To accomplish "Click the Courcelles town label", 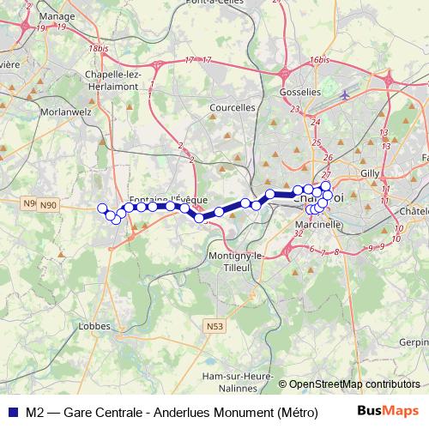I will pyautogui.click(x=233, y=108).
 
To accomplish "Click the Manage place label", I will pyautogui.click(x=57, y=16).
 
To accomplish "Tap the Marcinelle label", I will pyautogui.click(x=319, y=223).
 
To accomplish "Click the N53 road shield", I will pyautogui.click(x=214, y=326).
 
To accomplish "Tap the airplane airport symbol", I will pyautogui.click(x=344, y=94).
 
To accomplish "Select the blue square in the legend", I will pyautogui.click(x=11, y=411).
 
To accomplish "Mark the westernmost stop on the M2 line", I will pyautogui.click(x=102, y=208).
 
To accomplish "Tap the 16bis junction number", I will pyautogui.click(x=320, y=59).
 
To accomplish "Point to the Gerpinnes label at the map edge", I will pyautogui.click(x=414, y=341).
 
